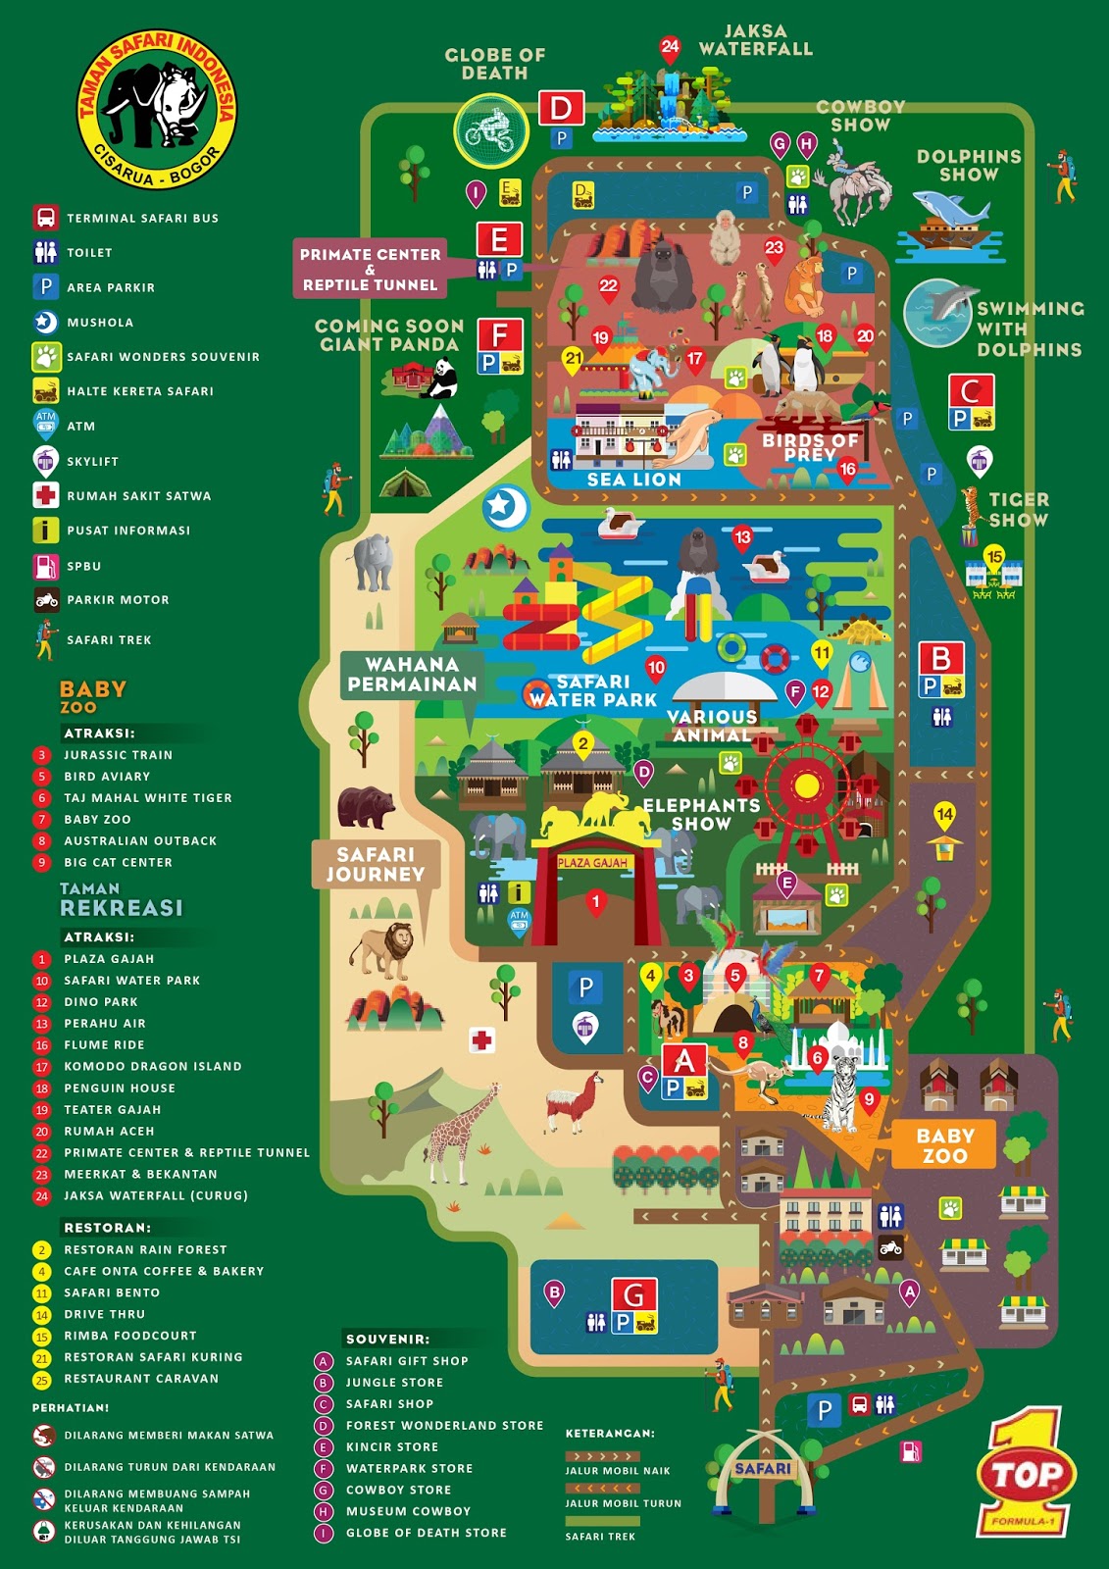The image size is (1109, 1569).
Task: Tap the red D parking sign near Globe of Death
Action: [561, 108]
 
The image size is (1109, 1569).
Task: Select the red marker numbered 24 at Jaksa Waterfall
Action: [670, 47]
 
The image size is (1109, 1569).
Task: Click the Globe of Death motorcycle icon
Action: [490, 130]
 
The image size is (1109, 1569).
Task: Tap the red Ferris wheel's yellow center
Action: [807, 785]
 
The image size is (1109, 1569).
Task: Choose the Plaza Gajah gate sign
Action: [592, 863]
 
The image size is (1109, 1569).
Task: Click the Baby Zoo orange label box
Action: [944, 1145]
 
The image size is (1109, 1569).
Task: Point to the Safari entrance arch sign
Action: [763, 1468]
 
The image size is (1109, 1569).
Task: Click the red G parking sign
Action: [633, 1294]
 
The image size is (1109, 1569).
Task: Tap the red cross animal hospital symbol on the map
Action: [481, 1039]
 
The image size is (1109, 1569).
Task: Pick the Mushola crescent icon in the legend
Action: [45, 322]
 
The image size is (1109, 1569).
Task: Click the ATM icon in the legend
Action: [45, 422]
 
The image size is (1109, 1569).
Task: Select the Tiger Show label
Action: [1018, 509]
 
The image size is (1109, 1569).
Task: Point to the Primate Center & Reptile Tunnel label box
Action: [370, 269]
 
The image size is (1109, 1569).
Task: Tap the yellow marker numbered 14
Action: [944, 814]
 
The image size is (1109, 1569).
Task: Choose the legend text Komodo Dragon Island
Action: [153, 1066]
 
